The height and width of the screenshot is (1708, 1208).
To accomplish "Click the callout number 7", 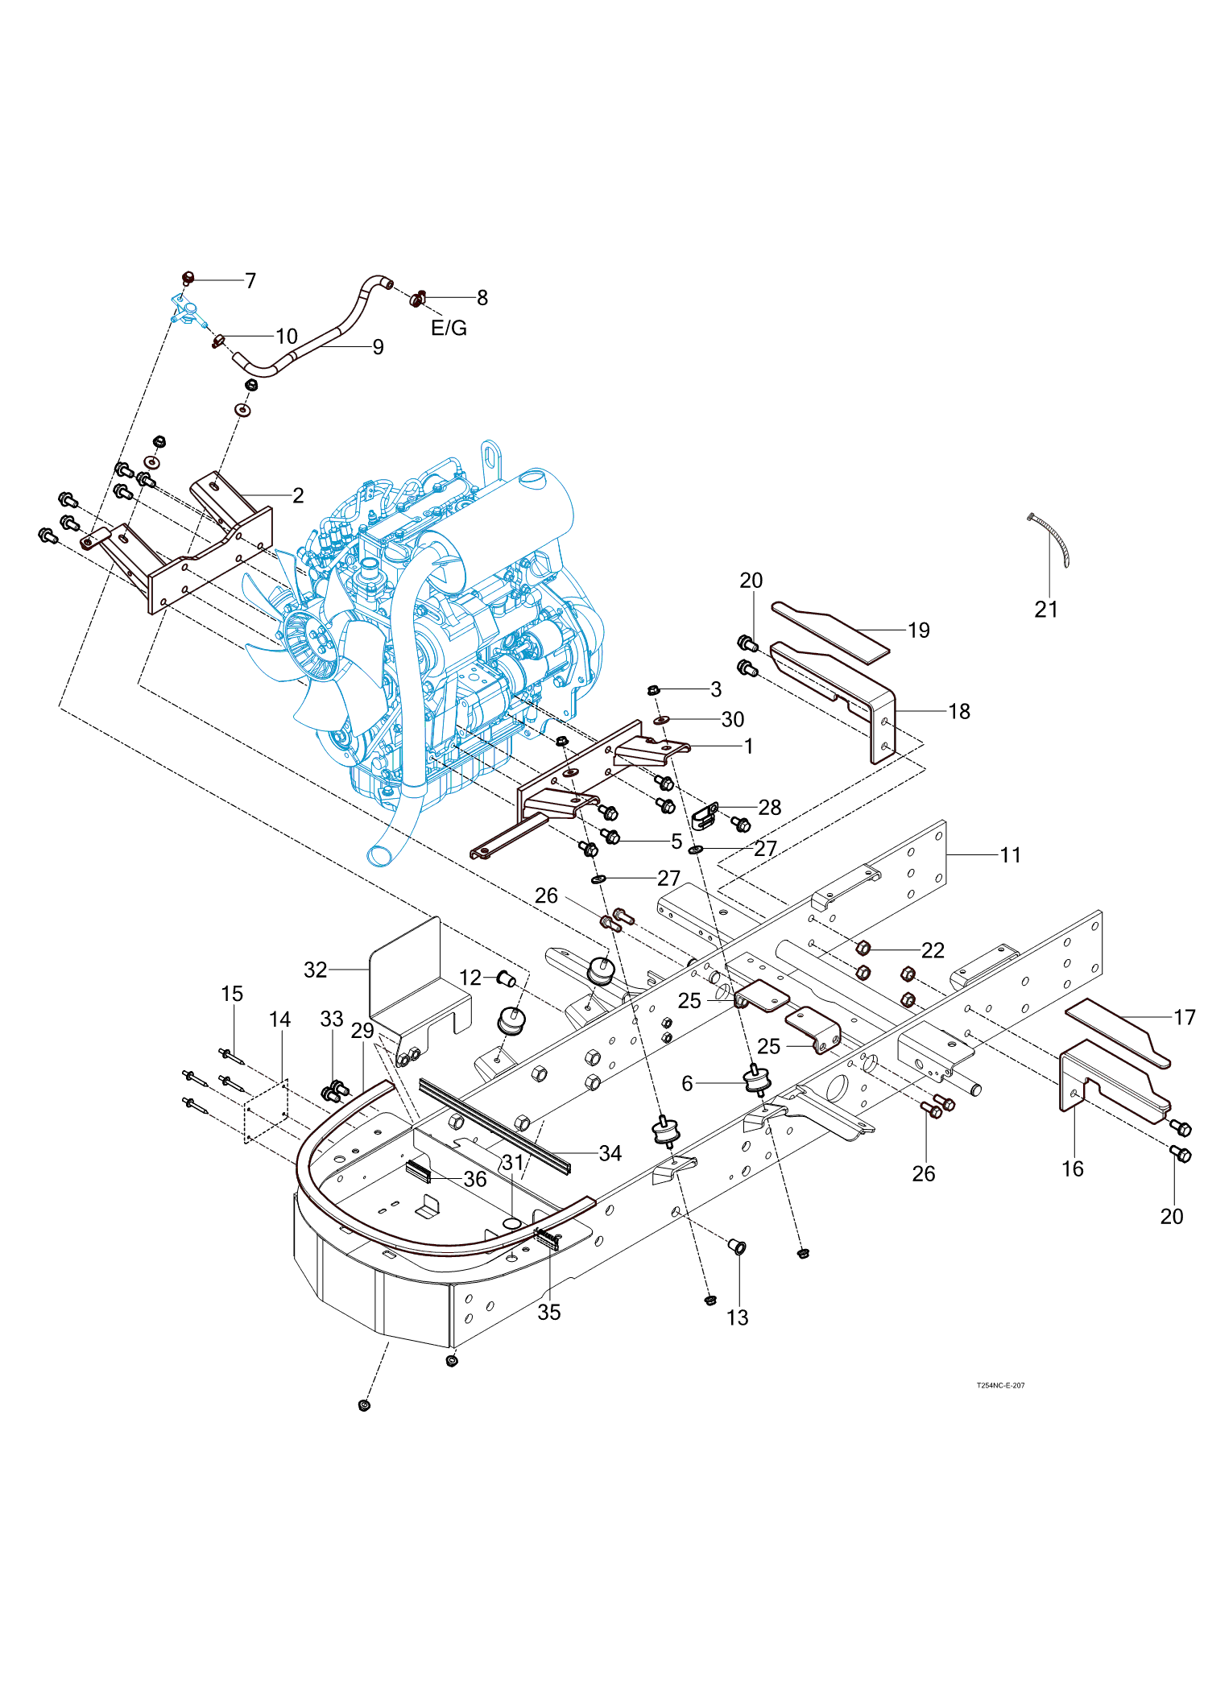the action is (x=250, y=280).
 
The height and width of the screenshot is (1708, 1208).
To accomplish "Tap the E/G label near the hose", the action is (x=449, y=328).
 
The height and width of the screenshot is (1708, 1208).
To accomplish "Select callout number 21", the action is (x=1046, y=610).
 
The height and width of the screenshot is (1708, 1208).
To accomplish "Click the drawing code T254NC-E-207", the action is (x=1000, y=1385).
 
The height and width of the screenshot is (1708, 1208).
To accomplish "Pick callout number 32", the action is (x=315, y=970).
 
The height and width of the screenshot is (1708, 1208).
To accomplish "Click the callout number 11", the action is (x=1010, y=855).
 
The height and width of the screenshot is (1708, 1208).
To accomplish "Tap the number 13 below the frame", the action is (x=737, y=1317).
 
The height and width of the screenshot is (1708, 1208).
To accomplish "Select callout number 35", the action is (x=548, y=1312).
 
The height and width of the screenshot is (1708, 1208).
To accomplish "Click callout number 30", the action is (x=732, y=719).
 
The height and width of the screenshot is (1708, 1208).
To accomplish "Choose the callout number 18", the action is (x=959, y=711).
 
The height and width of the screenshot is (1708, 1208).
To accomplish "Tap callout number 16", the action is (x=1072, y=1168).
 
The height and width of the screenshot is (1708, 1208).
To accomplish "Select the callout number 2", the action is (x=298, y=495).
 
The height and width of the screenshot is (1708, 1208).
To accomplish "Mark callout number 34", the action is (x=610, y=1153).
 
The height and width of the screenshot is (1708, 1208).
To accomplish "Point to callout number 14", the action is (x=279, y=1019).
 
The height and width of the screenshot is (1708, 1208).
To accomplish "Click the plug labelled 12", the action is (x=507, y=979).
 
